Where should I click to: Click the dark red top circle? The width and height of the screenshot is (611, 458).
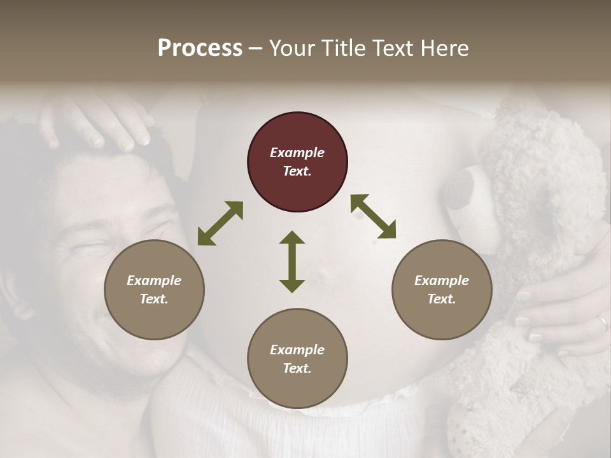[297, 162]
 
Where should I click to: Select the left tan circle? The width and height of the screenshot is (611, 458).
[154, 289]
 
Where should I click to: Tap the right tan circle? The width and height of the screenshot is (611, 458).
[442, 289]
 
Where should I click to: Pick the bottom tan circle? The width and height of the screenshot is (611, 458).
[297, 359]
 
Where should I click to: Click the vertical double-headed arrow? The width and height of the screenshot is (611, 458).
[292, 261]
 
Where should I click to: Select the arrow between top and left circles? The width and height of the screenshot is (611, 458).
[220, 223]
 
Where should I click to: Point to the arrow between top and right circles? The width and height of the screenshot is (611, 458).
[373, 216]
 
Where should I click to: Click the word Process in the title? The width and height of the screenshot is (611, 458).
[200, 48]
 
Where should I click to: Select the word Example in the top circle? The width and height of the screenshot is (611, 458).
[297, 153]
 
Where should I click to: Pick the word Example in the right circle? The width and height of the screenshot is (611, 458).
[442, 281]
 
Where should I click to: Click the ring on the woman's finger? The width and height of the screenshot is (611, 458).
[601, 324]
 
